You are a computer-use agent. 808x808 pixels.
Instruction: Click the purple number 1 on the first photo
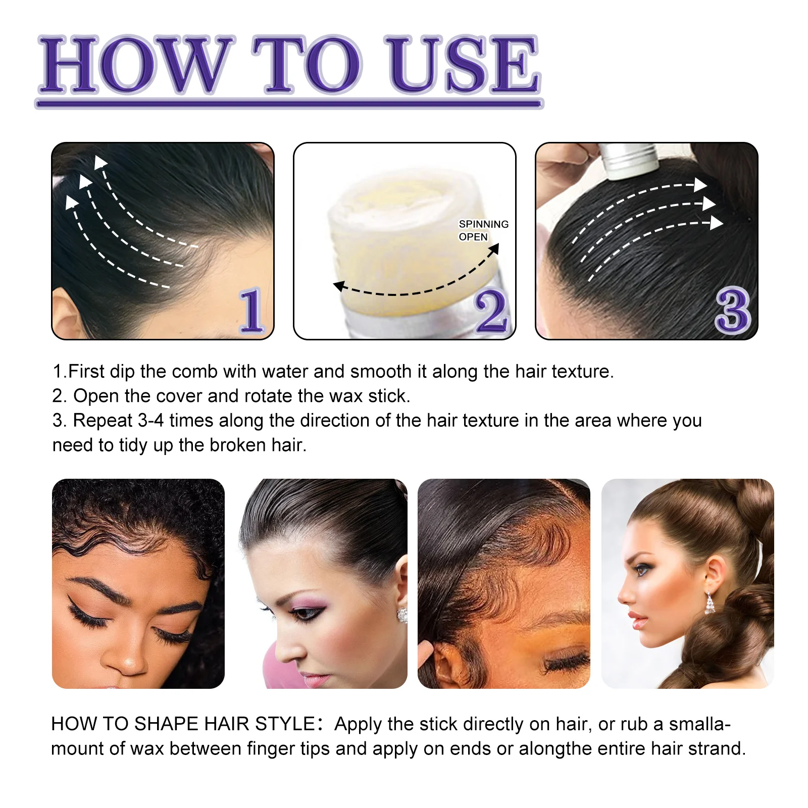(251, 311)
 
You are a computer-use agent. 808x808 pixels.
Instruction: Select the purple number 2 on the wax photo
(491, 311)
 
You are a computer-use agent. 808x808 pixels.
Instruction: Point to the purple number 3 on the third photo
(733, 311)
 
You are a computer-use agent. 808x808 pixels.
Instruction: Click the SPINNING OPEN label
(483, 230)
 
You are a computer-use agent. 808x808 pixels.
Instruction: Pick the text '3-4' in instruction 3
(151, 421)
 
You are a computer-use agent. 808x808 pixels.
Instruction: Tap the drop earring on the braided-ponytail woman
(710, 603)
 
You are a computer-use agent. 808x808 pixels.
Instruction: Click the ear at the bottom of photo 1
(68, 316)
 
